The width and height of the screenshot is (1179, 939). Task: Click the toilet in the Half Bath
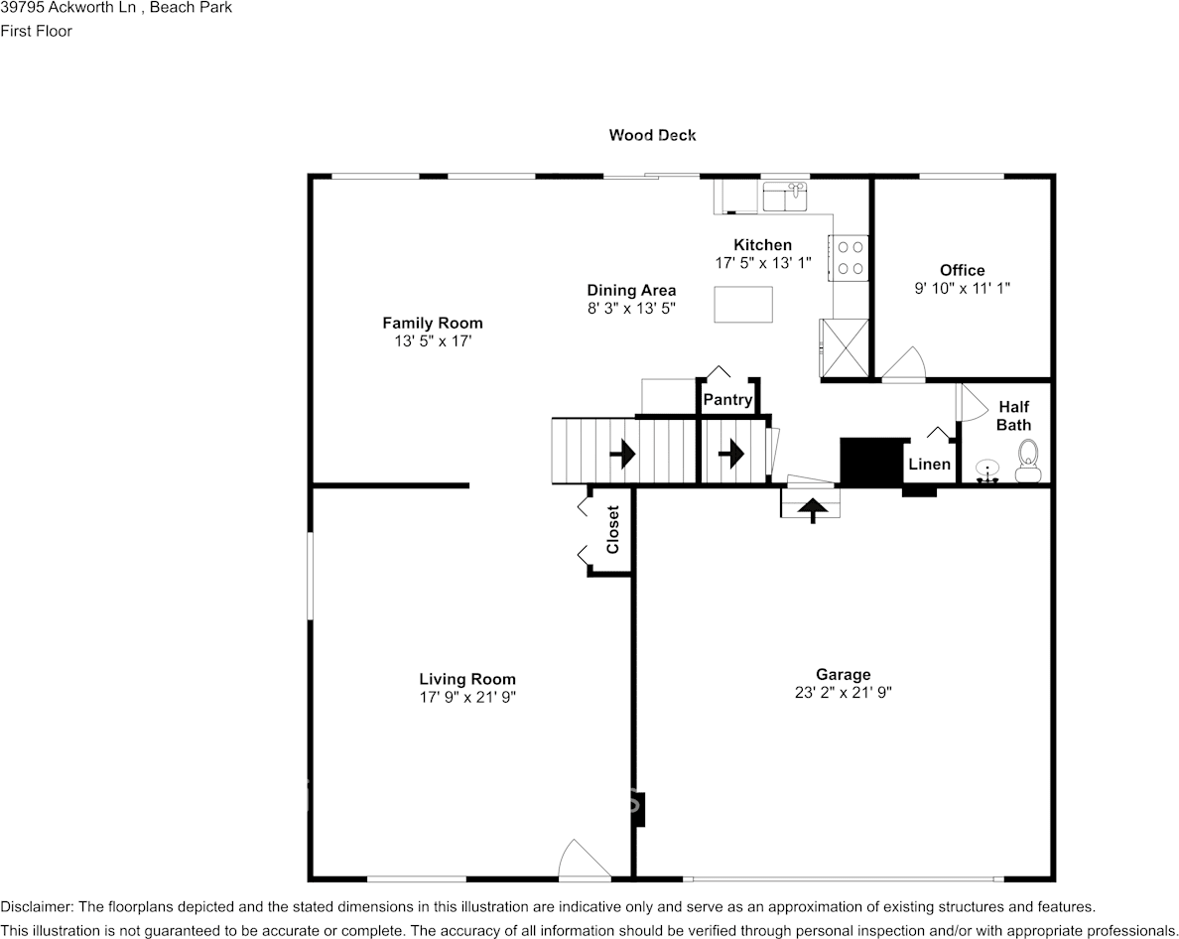(x=1027, y=460)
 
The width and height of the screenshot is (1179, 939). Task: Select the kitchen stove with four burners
(x=851, y=257)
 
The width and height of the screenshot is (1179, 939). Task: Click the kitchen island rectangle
(x=743, y=304)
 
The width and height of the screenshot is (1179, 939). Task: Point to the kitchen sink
(x=786, y=197)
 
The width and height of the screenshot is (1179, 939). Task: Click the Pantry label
(x=727, y=400)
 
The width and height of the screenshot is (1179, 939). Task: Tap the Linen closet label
(x=929, y=465)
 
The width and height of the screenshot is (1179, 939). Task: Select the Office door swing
(x=905, y=365)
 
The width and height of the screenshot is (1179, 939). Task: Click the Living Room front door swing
(x=584, y=860)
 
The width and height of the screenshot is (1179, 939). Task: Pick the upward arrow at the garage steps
(x=813, y=509)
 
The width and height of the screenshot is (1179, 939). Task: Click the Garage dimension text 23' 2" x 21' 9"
(x=843, y=693)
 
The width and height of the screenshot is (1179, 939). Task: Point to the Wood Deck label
(x=652, y=135)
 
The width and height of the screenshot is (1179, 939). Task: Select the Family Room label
(x=433, y=323)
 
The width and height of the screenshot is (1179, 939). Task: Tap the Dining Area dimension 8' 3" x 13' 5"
(x=631, y=309)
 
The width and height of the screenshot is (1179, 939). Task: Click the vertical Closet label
(x=612, y=530)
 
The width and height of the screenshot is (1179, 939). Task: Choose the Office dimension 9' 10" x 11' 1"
(x=962, y=288)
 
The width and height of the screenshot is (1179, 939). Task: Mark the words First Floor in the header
(x=36, y=31)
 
